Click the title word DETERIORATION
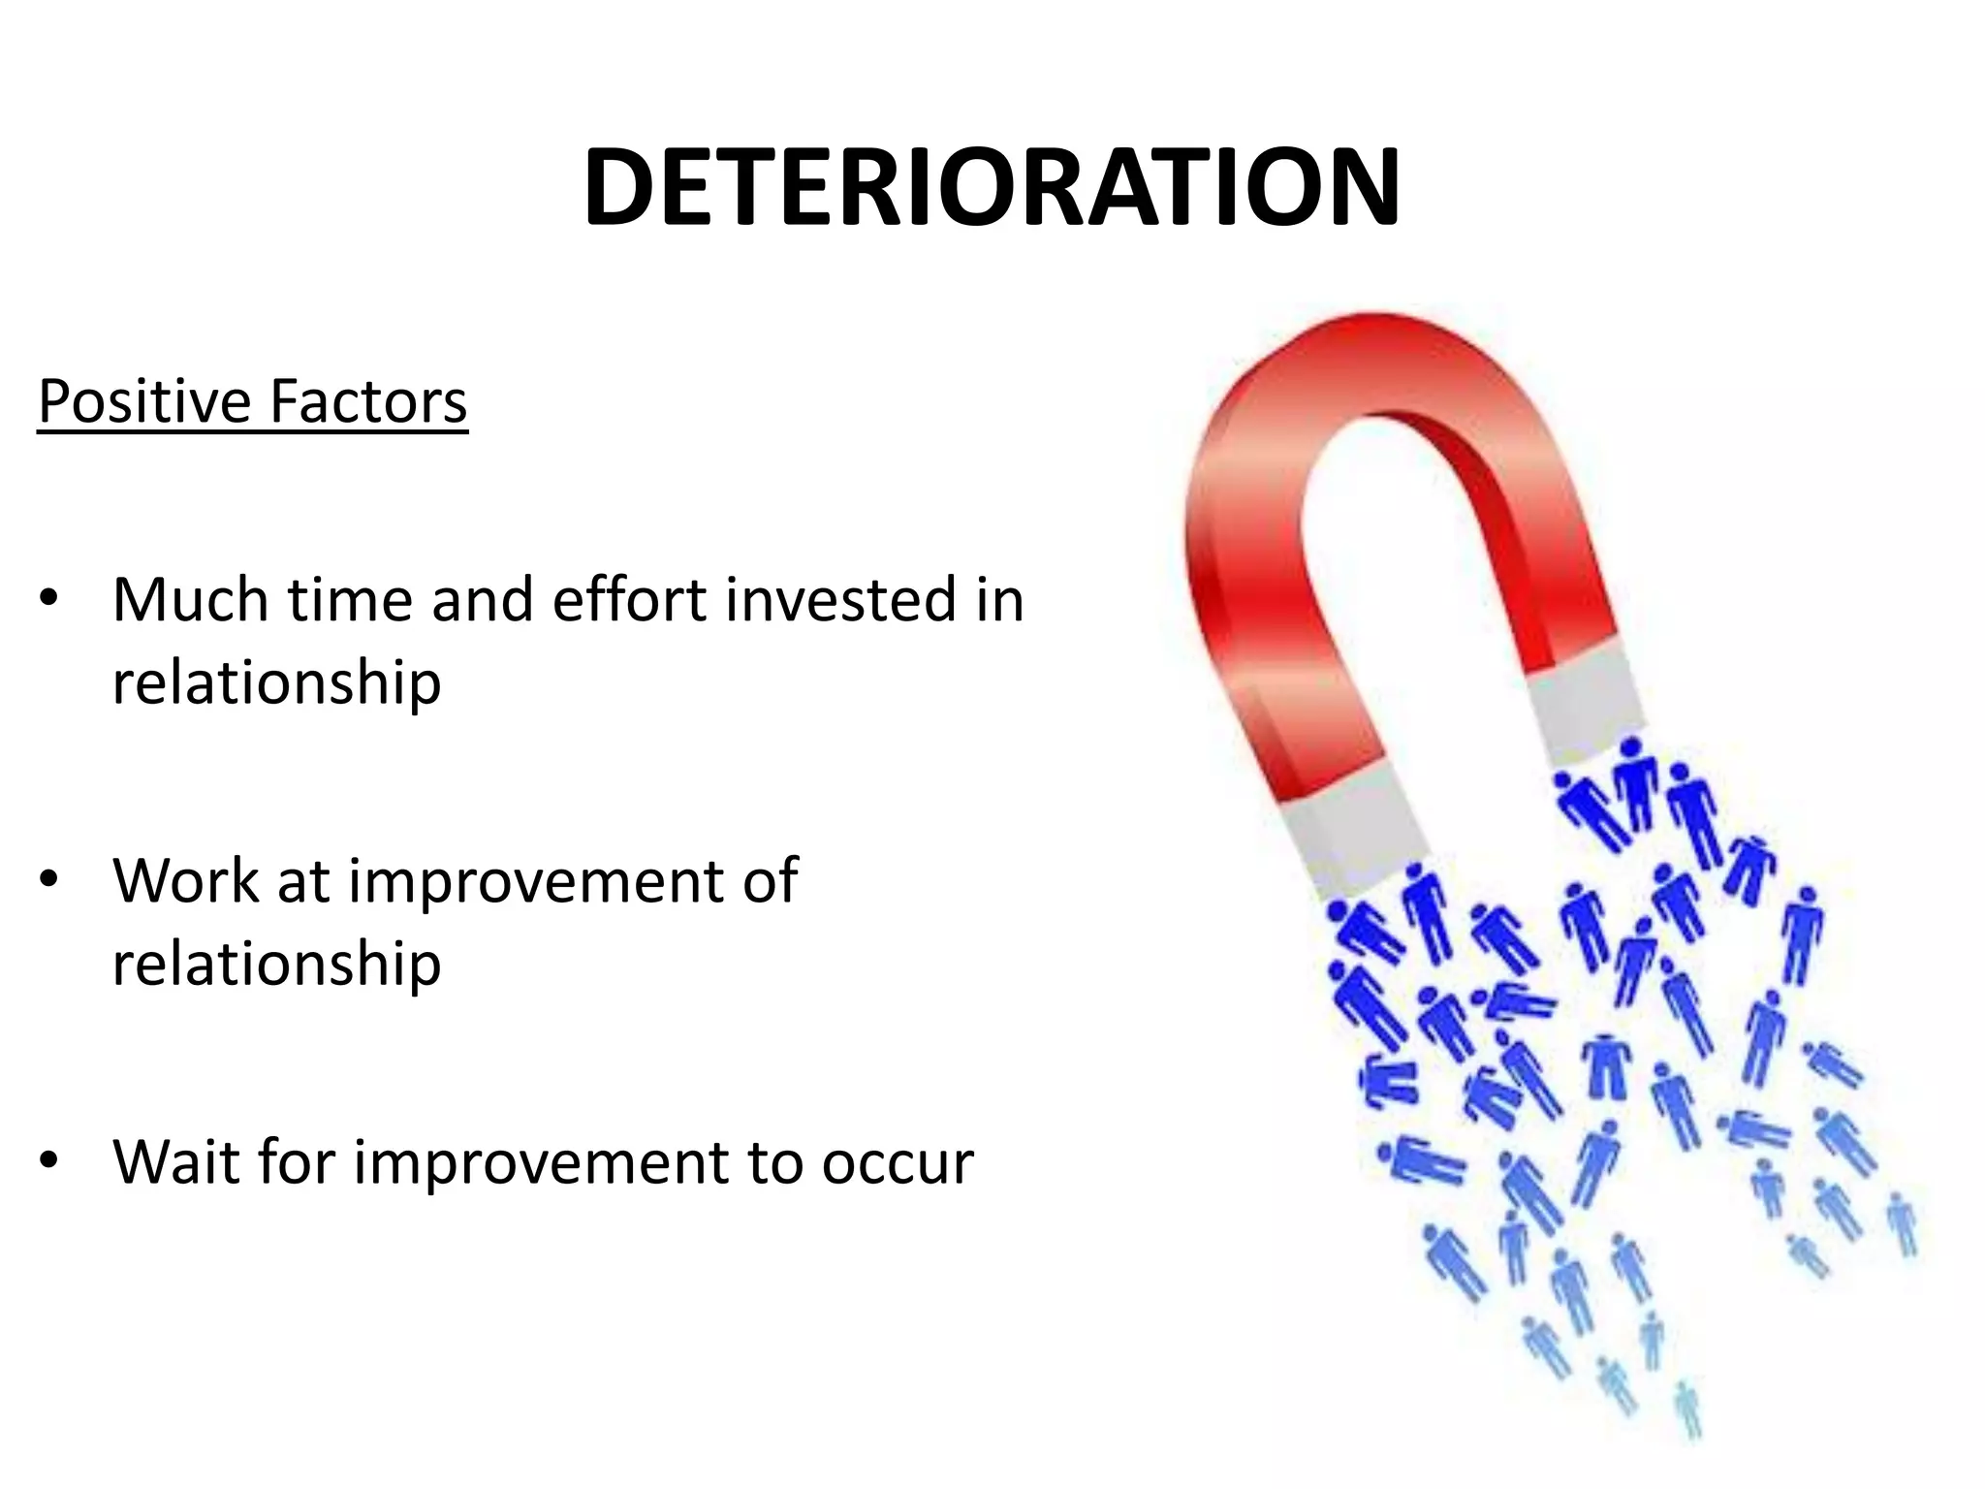click(991, 188)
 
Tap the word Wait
click(176, 1162)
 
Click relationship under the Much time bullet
click(276, 683)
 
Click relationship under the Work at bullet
click(276, 965)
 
